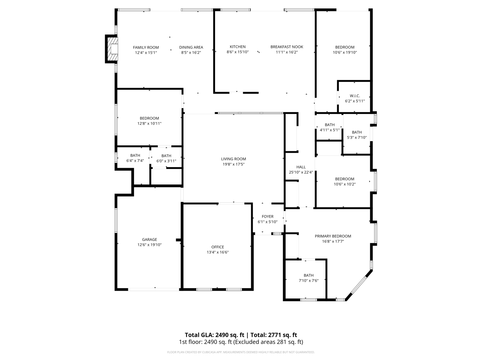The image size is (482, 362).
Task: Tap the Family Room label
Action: [146, 48]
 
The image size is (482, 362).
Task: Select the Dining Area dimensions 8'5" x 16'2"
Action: [191, 53]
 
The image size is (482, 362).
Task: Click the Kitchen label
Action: [238, 47]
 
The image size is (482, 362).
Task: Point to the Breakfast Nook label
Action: [287, 47]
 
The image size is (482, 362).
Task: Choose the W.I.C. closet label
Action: [355, 96]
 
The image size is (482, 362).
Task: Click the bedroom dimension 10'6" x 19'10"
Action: [345, 53]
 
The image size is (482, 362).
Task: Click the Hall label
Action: [301, 167]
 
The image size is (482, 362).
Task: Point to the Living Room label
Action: [233, 159]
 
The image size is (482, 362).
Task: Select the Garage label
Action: [149, 239]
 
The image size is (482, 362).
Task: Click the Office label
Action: [218, 247]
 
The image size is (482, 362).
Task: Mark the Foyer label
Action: [267, 216]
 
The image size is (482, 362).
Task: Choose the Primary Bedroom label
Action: [333, 236]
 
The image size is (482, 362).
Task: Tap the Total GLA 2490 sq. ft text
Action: [214, 335]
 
